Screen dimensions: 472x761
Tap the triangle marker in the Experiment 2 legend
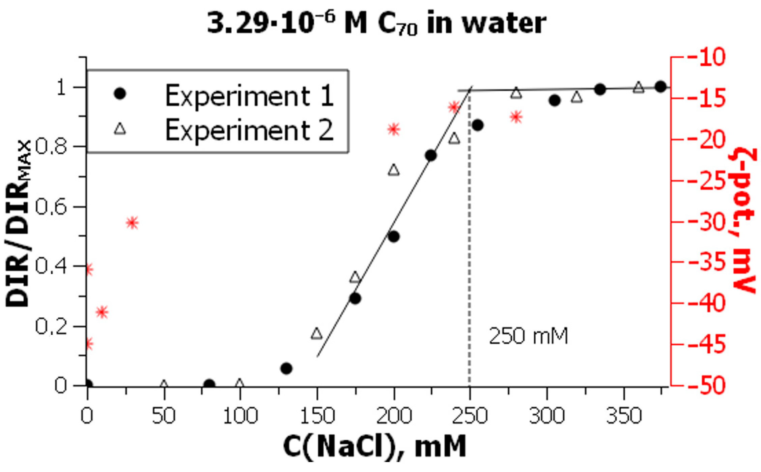pos(120,129)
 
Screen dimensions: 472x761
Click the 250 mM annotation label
pos(529,336)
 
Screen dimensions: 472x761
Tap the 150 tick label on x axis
pos(317,416)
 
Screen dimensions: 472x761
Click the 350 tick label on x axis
pos(624,416)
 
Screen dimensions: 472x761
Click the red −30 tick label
pos(705,222)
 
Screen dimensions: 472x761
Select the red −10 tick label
pos(705,57)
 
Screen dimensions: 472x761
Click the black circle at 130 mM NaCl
pos(286,369)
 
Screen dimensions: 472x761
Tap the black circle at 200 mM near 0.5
pos(394,237)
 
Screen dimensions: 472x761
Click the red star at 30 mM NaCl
pos(133,223)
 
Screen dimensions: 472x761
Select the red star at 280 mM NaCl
pos(516,117)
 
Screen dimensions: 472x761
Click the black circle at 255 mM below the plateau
pos(478,125)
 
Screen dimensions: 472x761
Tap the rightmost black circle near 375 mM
pos(661,87)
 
